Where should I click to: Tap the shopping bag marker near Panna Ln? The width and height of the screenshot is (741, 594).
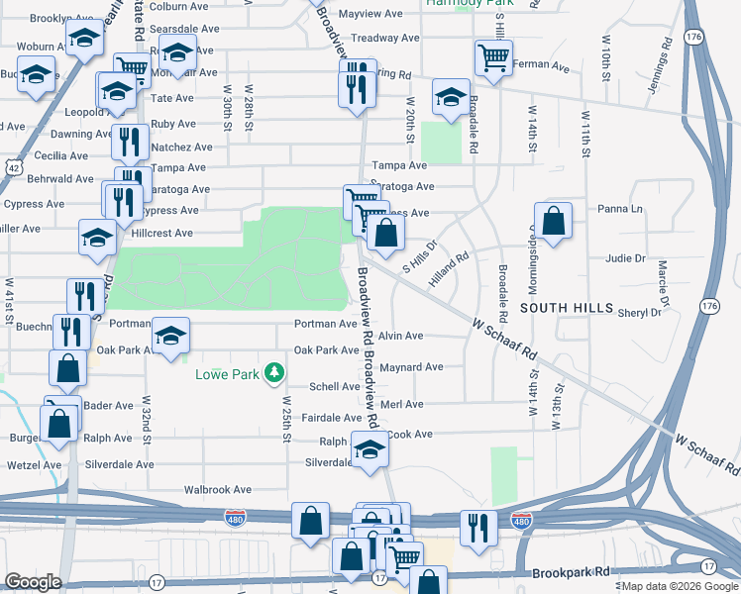coord(554,221)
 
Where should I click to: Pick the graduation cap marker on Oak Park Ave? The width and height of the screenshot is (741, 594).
coord(170,336)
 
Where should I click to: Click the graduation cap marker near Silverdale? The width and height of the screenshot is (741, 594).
coord(370,449)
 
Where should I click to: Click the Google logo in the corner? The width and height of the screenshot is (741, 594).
coord(34,582)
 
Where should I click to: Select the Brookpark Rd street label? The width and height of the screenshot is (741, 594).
coord(571,572)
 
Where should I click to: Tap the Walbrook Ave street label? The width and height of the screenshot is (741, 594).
coord(218,489)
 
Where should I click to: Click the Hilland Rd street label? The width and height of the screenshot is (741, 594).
coord(448,269)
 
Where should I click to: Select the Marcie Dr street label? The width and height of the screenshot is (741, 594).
coord(662,284)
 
